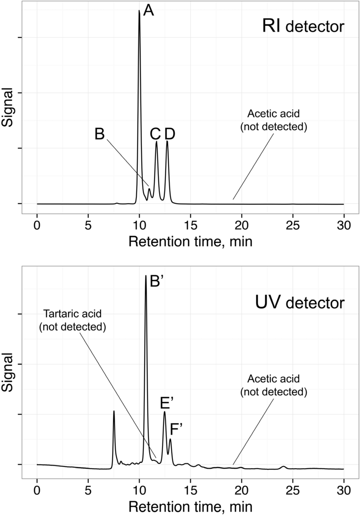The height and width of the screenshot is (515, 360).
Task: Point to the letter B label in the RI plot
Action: [100, 134]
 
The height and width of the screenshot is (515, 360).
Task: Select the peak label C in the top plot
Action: [155, 134]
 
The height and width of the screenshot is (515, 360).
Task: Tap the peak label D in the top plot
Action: [170, 134]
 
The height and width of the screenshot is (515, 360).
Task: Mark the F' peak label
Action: [176, 429]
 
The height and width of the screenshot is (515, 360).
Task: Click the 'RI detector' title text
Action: [303, 27]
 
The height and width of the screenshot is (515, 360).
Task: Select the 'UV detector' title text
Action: [300, 303]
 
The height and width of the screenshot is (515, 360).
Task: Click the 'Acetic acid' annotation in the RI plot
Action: [274, 120]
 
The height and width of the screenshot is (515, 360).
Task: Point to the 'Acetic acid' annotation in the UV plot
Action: [274, 385]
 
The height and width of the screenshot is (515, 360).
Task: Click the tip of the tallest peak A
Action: [140, 11]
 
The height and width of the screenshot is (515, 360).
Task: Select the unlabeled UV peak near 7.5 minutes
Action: [114, 411]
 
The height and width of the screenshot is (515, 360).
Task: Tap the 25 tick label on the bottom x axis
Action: [293, 490]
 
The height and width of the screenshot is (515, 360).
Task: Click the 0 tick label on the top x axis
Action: [37, 226]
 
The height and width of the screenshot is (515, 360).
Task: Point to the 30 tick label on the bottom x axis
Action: [344, 490]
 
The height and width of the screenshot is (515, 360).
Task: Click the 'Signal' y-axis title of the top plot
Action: [8, 108]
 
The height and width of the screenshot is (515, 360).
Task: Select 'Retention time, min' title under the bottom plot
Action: [190, 507]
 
